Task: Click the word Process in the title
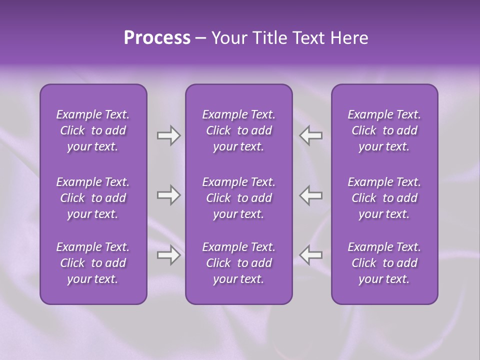pos(157,38)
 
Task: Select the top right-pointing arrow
pos(168,135)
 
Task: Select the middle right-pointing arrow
pos(168,195)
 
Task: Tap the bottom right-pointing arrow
pos(168,255)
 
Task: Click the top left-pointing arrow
pos(311,135)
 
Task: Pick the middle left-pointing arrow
pos(311,195)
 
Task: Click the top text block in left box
pos(93,130)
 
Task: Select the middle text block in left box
pos(93,198)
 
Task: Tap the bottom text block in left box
pos(93,263)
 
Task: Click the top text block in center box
pos(239,130)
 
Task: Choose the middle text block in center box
pos(239,198)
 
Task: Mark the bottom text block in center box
pos(239,263)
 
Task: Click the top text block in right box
pos(384,130)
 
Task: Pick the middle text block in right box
pos(384,198)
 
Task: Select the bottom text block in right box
pos(384,263)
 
